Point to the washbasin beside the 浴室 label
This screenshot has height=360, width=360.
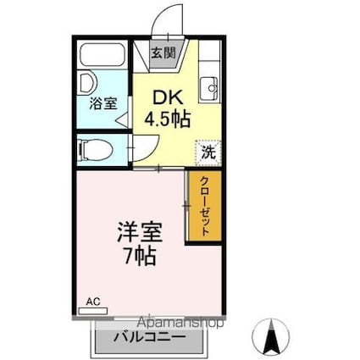(87, 83)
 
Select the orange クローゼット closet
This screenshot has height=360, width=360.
(203, 207)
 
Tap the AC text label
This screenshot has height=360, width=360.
(92, 301)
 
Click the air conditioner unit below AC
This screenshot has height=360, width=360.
(93, 311)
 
